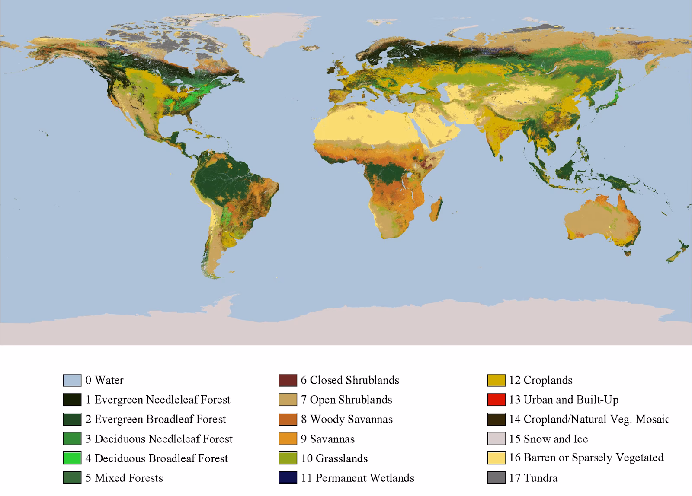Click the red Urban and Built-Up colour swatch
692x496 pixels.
(496, 400)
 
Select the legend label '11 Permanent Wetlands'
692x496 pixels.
(357, 478)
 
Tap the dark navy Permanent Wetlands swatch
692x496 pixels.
(288, 478)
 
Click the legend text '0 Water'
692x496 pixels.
(105, 380)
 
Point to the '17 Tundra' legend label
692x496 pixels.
(533, 478)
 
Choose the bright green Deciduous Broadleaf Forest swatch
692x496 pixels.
(72, 458)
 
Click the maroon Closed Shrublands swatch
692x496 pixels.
(288, 380)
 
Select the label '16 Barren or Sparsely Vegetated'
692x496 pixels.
(586, 458)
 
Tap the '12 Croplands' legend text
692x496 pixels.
(541, 380)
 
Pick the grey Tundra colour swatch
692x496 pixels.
(496, 478)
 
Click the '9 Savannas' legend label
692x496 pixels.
(328, 439)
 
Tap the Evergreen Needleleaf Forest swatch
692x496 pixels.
(72, 400)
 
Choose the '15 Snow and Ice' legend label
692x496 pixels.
(548, 439)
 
